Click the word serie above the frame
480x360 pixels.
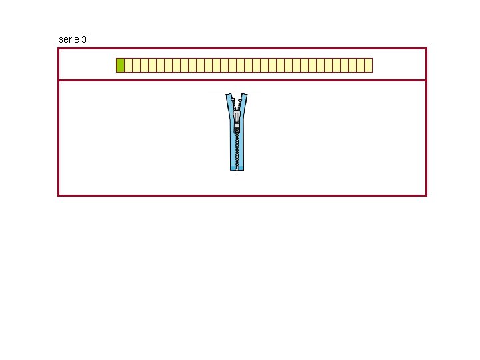[x=69, y=39]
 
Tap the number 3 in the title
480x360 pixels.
[x=84, y=39]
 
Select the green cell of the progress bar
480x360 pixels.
[x=120, y=65]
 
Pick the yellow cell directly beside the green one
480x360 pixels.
[x=128, y=65]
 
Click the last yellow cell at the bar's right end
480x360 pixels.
[x=368, y=65]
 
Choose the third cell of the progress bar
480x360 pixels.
[x=136, y=65]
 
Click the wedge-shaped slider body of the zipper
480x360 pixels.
[x=237, y=115]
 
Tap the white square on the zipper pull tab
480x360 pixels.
[x=237, y=125]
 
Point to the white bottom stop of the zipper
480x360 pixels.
[x=237, y=168]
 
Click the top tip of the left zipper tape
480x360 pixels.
[x=227, y=94]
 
